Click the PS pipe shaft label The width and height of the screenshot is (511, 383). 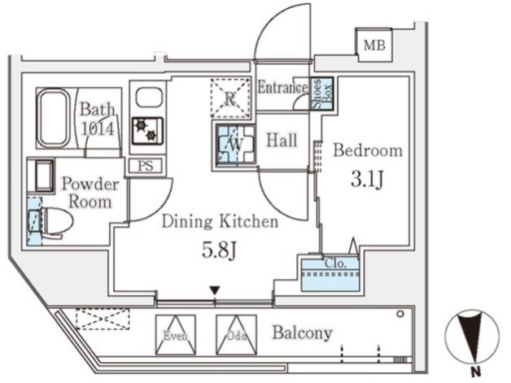[143, 166]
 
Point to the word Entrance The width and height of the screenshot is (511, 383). [282, 88]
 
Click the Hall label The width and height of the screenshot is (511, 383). [281, 140]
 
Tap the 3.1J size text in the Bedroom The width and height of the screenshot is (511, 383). [367, 178]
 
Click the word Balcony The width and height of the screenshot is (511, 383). [302, 333]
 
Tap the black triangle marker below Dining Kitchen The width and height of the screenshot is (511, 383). [214, 289]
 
